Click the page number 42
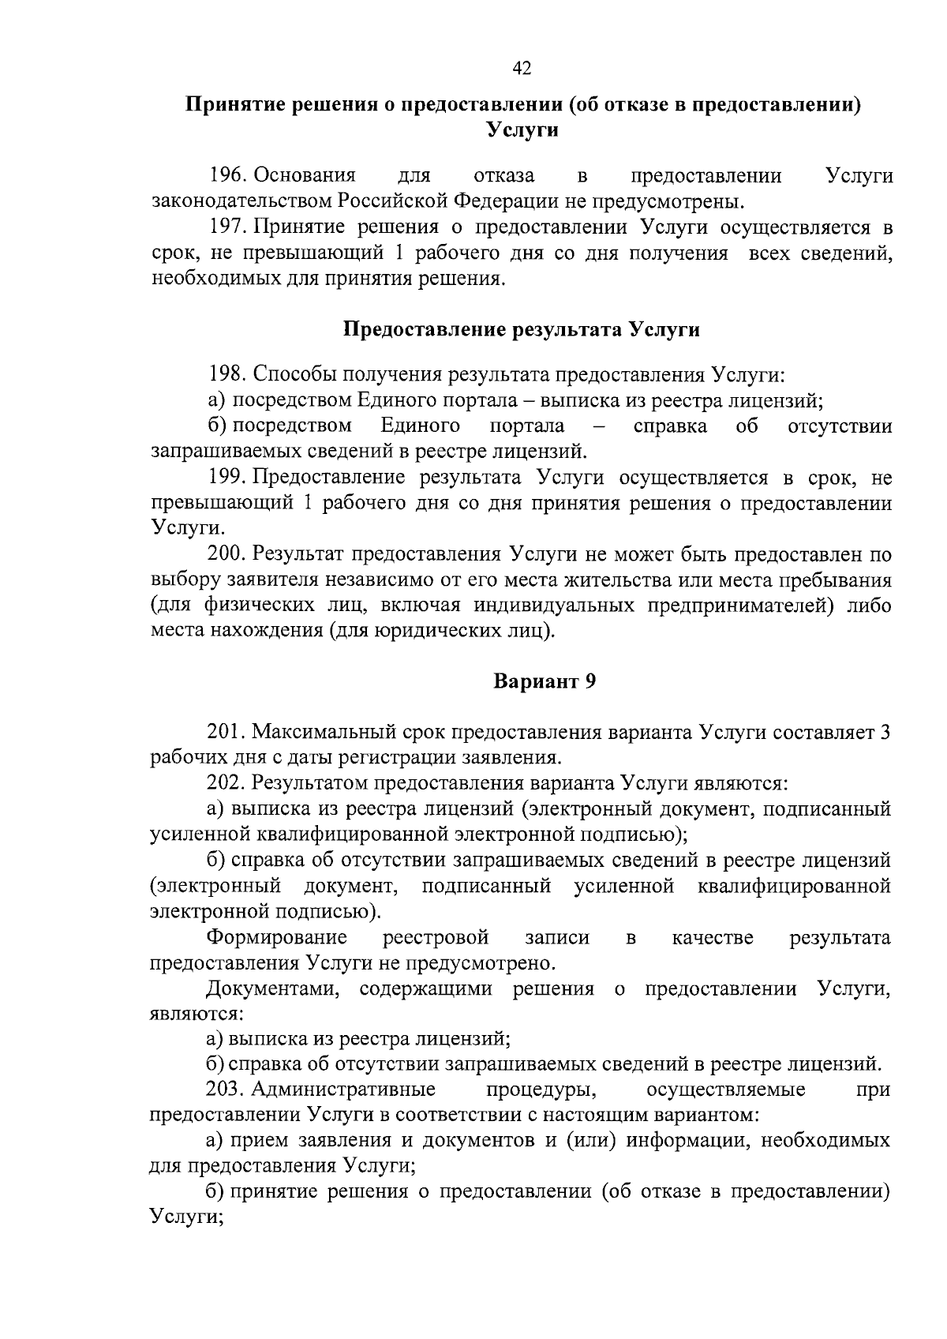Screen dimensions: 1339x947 522,69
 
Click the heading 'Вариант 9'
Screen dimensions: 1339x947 544,681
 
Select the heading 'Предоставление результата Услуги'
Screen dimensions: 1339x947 522,329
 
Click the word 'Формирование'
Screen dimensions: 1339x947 276,937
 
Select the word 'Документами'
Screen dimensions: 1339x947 276,988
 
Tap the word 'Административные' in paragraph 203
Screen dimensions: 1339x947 343,1090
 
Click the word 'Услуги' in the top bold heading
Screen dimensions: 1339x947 522,129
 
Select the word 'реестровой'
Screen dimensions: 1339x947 436,937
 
